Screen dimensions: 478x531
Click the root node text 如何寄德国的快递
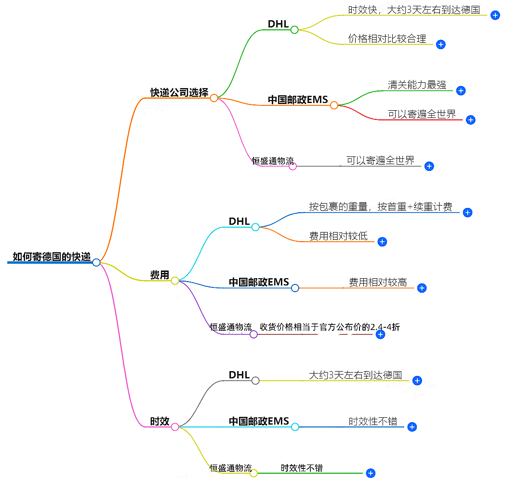pyautogui.click(x=51, y=257)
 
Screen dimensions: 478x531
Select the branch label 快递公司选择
pyautogui.click(x=179, y=92)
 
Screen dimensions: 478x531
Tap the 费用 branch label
pyautogui.click(x=159, y=275)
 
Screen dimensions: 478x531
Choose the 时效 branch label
pyautogui.click(x=159, y=421)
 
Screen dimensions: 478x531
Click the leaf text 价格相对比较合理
pyautogui.click(x=387, y=39)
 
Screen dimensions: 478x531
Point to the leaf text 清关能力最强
pyautogui.click(x=417, y=85)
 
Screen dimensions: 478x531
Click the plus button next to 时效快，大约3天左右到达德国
pyautogui.click(x=495, y=15)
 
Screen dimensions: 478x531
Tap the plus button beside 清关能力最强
pyautogui.click(x=461, y=90)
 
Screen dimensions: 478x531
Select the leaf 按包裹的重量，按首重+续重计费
pyautogui.click(x=381, y=207)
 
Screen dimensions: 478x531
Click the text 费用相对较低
pyautogui.click(x=338, y=236)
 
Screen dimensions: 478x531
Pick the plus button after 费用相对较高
pyautogui.click(x=422, y=288)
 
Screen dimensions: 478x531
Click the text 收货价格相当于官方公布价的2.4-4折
pyautogui.click(x=330, y=327)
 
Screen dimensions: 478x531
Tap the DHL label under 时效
pyautogui.click(x=239, y=375)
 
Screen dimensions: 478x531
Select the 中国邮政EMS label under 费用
pyautogui.click(x=259, y=282)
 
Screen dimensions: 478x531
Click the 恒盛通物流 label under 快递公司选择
pyautogui.click(x=273, y=161)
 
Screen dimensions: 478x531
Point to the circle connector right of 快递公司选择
pyautogui.click(x=214, y=98)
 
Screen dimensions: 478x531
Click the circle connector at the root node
pyautogui.click(x=96, y=262)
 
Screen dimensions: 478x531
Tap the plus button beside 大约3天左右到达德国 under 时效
pyautogui.click(x=417, y=381)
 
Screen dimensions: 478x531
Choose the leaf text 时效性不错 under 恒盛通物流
pyautogui.click(x=302, y=467)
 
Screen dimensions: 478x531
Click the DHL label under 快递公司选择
pyautogui.click(x=278, y=24)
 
